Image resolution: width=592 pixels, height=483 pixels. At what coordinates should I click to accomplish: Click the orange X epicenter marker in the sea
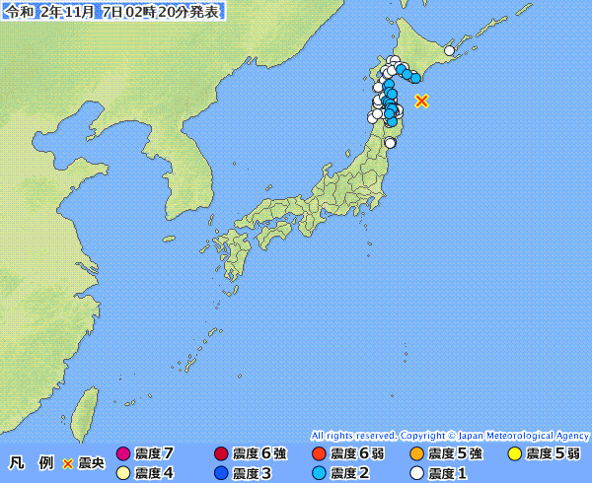click(422, 101)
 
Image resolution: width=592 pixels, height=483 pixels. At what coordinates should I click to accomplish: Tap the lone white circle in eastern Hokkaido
click(449, 50)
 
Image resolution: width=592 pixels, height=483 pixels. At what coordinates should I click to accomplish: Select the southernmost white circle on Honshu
click(390, 143)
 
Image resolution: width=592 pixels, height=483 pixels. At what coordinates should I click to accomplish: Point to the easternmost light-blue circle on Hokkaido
click(415, 77)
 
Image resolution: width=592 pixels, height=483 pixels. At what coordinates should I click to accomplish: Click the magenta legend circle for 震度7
click(123, 454)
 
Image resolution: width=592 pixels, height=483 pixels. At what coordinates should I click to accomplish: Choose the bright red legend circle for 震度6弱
click(318, 454)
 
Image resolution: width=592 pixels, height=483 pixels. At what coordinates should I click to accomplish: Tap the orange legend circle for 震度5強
click(415, 454)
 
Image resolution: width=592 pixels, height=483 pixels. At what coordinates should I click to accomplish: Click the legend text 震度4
click(154, 473)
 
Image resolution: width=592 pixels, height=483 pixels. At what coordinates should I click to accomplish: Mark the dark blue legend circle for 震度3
click(220, 473)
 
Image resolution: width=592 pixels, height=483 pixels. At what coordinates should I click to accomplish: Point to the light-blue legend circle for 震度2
click(318, 473)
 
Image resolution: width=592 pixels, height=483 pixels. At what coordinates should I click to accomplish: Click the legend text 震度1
click(447, 473)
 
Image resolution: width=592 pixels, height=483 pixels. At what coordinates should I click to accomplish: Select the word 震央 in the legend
click(91, 463)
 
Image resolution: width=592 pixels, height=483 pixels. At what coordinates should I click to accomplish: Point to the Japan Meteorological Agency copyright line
click(450, 435)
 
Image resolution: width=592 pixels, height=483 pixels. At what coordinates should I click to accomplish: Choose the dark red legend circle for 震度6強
click(220, 454)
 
